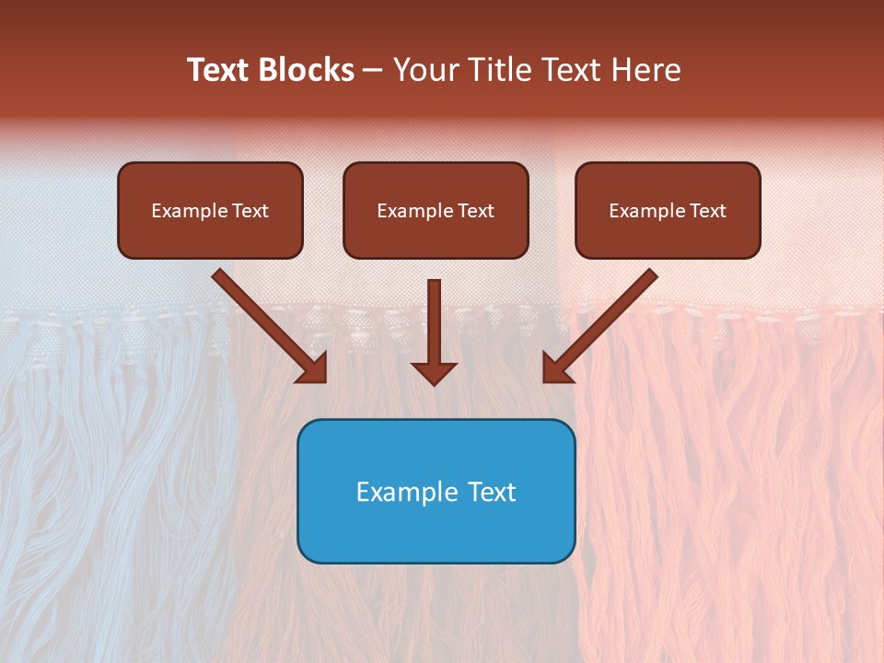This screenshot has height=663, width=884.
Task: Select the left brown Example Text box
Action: tap(210, 210)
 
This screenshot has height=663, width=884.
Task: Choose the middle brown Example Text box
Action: tap(436, 210)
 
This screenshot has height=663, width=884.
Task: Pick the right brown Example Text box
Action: tap(668, 210)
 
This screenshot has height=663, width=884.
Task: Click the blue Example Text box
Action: tap(436, 491)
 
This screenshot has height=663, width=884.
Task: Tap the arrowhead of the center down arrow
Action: tap(434, 372)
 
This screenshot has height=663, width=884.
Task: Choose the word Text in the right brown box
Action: tap(707, 211)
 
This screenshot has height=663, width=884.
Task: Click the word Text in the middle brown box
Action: tap(475, 211)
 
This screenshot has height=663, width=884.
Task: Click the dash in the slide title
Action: tap(373, 70)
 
